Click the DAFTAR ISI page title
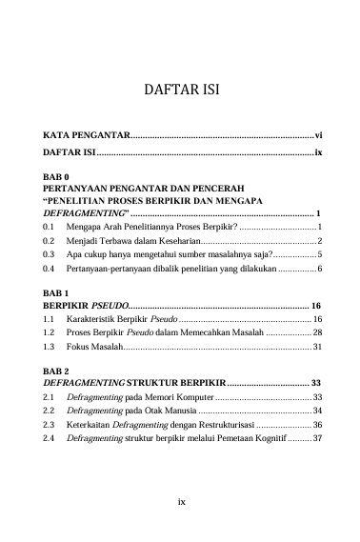[x=180, y=93]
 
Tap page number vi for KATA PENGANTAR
[x=319, y=136]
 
